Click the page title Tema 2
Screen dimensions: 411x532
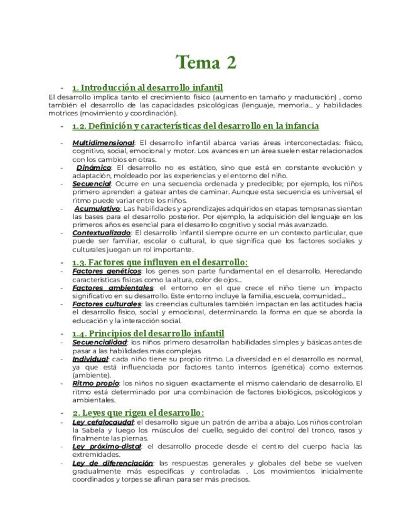tap(206, 62)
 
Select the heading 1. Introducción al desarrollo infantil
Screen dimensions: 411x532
tap(147, 88)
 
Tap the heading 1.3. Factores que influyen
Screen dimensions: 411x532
tap(160, 262)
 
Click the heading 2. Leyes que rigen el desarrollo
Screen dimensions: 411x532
tap(138, 412)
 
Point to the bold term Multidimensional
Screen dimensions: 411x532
tap(103, 142)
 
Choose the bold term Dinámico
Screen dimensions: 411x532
tap(93, 168)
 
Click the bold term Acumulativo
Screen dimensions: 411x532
tap(97, 208)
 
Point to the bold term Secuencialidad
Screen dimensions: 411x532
tap(100, 343)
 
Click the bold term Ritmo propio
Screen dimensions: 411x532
tap(95, 383)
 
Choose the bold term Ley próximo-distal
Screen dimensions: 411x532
tap(106, 447)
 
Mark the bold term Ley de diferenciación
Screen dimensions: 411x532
tap(112, 463)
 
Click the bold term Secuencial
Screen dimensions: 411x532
tap(92, 184)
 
